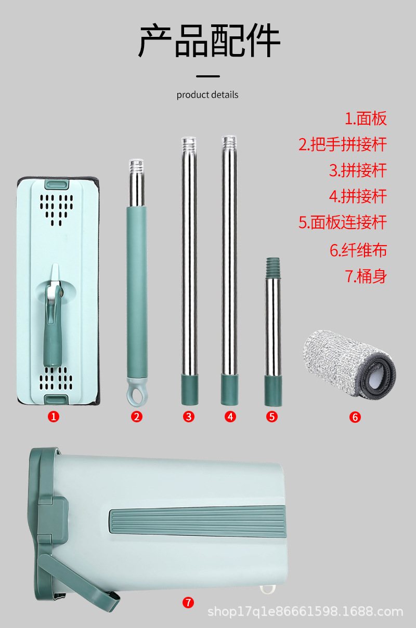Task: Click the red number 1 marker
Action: (54, 416)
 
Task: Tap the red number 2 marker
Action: (137, 416)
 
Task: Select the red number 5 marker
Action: (272, 416)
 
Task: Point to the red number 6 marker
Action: (355, 417)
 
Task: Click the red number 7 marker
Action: (188, 602)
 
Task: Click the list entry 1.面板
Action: (366, 118)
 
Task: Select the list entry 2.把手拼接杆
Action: (343, 144)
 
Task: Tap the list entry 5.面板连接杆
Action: (343, 222)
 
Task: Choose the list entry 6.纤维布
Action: (358, 250)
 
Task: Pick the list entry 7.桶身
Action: (366, 276)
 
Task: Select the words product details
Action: (207, 95)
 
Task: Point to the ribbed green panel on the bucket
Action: (198, 522)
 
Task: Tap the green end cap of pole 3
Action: (188, 391)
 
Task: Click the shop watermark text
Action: (305, 612)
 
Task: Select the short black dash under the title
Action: (208, 76)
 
